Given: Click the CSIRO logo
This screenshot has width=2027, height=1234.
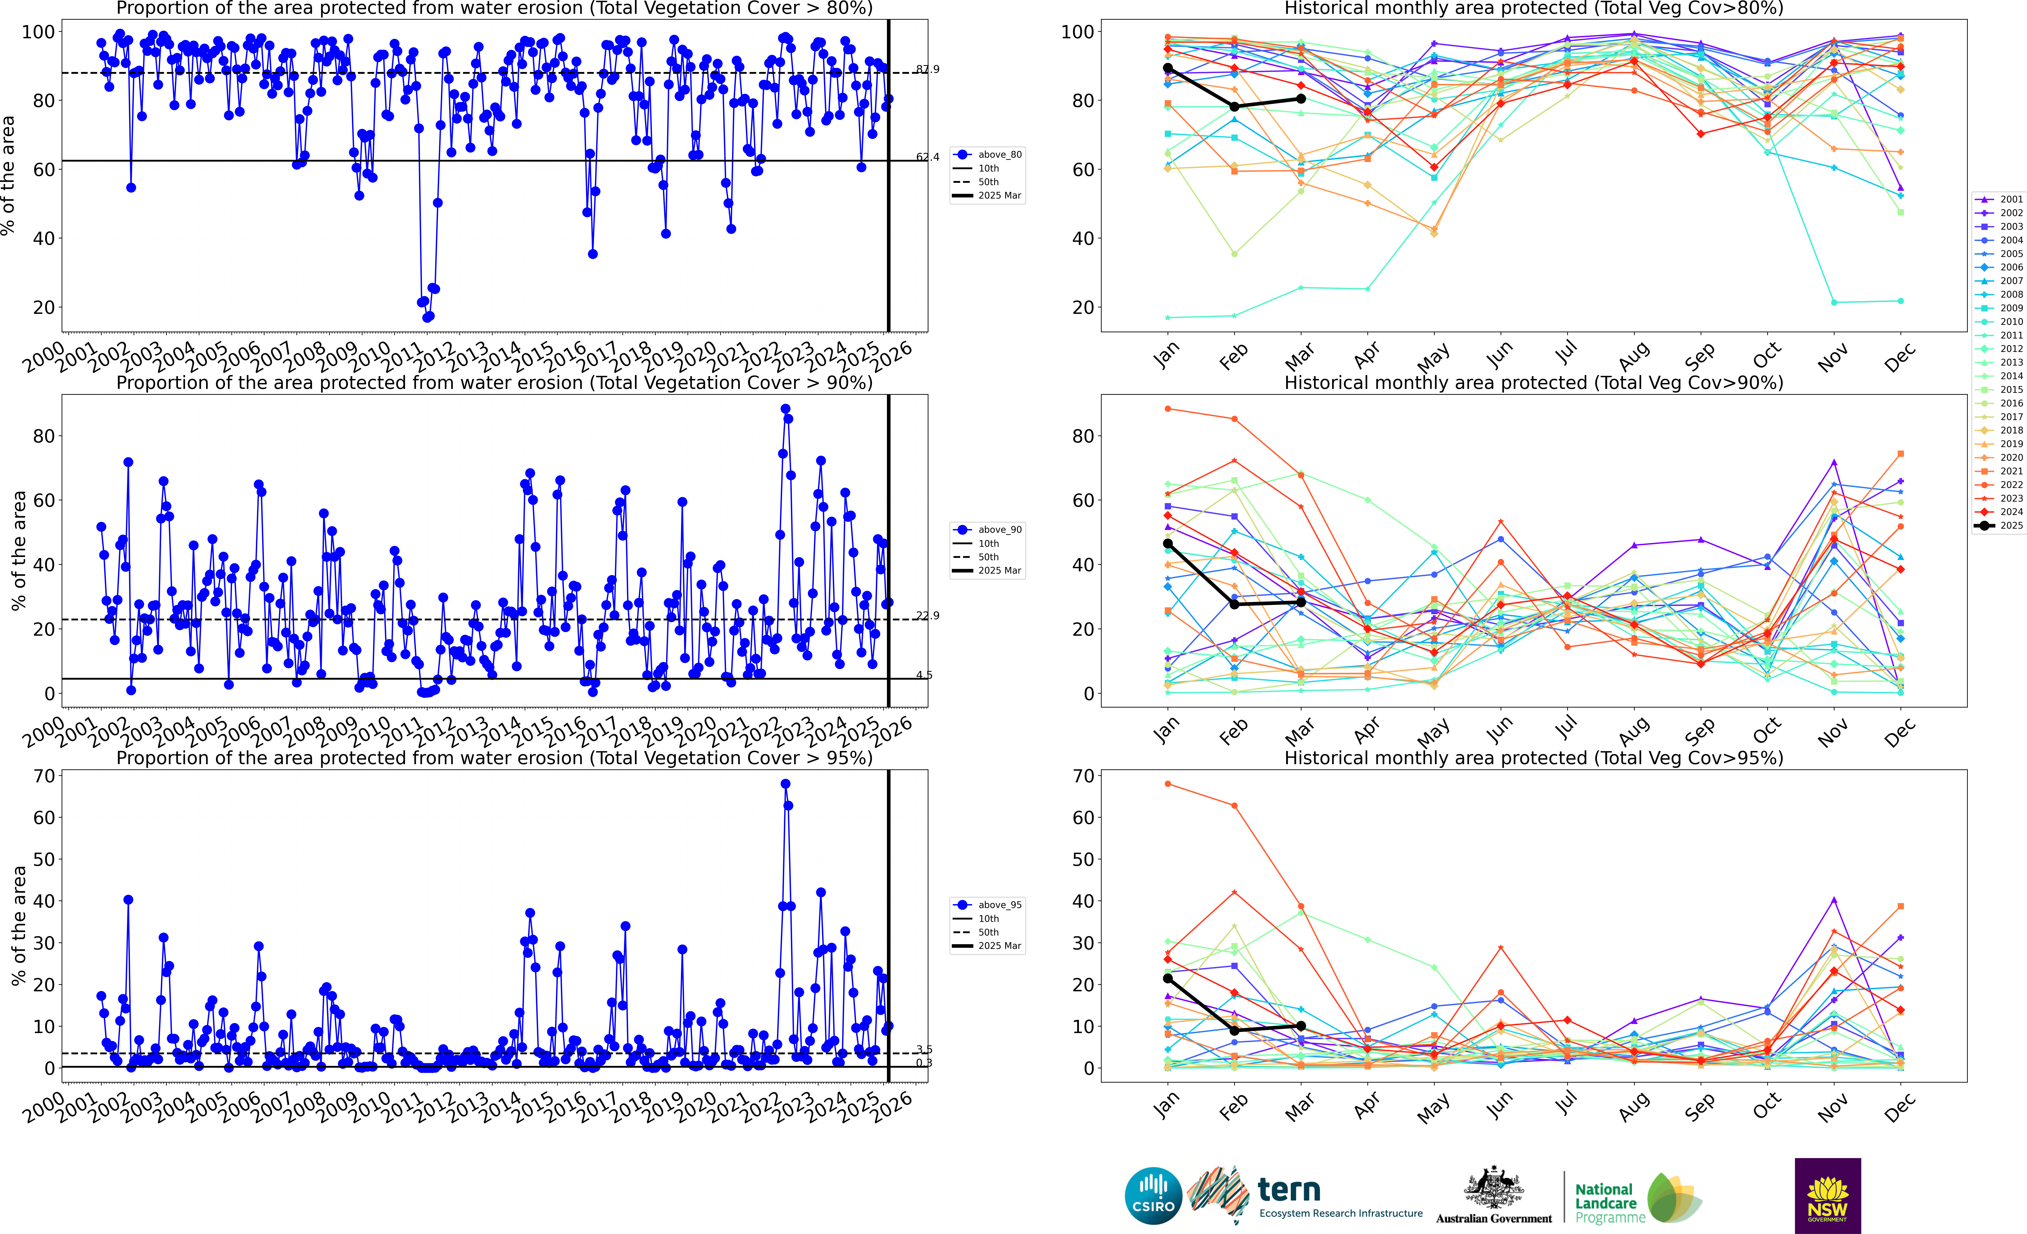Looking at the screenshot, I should pos(1153,1195).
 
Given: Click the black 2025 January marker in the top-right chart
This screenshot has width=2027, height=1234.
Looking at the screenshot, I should pos(1168,68).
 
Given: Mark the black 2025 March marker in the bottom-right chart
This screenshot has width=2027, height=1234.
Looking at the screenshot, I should pos(1301,1026).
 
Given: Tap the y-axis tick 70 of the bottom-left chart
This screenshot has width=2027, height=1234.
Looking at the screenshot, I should pos(44,776).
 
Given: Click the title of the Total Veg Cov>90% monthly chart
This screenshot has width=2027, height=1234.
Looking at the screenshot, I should pos(1533,383).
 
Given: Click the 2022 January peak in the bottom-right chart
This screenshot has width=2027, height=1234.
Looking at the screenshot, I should pos(1168,784).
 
